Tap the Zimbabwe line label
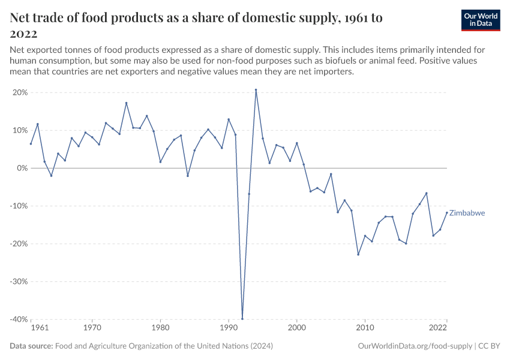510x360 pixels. (x=467, y=213)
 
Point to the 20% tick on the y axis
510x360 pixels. (x=20, y=92)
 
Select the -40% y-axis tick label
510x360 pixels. (x=19, y=319)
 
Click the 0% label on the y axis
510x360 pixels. (x=22, y=168)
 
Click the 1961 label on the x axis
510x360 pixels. (x=39, y=328)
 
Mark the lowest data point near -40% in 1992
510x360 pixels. (x=242, y=319)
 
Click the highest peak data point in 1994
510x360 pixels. (x=256, y=90)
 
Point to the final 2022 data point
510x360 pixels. (x=446, y=212)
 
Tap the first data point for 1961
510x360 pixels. (x=31, y=143)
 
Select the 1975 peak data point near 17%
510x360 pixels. (x=127, y=103)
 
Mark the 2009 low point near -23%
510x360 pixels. (x=358, y=254)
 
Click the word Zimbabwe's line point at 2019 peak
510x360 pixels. (x=426, y=193)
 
